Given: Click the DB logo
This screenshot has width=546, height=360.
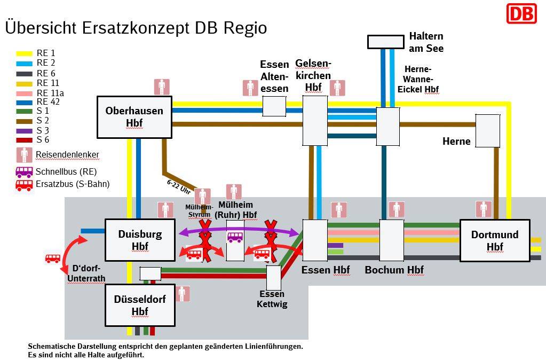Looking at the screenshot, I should [521, 13].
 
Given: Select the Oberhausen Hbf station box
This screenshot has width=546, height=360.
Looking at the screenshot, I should [134, 117].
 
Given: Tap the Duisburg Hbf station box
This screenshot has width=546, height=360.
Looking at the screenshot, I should [140, 240].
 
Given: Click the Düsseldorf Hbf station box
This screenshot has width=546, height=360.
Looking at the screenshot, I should [140, 305].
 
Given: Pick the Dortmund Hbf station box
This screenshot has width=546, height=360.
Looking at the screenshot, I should [494, 240].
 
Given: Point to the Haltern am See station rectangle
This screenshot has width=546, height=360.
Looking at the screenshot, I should [385, 42].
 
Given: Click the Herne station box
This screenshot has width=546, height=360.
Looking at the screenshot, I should [487, 130].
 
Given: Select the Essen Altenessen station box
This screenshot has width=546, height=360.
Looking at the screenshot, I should [274, 106].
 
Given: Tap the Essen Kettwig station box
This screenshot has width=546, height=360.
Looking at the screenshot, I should [273, 278].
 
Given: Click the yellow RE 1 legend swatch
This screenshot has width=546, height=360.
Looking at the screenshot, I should [25, 53].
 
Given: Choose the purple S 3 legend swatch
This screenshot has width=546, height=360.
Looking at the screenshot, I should [25, 130].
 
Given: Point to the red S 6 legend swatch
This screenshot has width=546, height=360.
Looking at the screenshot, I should [25, 140].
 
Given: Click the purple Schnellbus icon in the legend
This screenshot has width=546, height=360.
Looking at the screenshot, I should [25, 172].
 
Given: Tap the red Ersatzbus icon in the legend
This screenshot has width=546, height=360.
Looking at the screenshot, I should [25, 185].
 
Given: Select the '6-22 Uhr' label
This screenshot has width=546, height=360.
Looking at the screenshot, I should [179, 186].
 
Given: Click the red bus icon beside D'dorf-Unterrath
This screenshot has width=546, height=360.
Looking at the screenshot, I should [52, 259].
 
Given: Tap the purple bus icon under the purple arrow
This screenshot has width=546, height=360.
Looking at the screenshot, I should [235, 237].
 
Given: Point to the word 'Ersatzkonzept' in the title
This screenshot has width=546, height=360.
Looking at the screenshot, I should [131, 28].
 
